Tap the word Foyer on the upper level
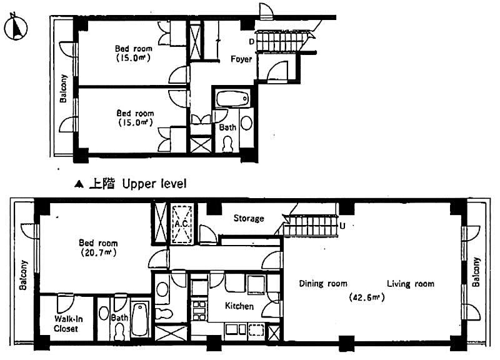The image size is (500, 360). point(241,59)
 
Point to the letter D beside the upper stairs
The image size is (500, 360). point(251,42)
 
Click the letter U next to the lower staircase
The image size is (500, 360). point(342,225)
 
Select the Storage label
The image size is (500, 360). point(249,219)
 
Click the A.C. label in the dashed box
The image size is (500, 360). point(182,223)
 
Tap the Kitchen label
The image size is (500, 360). point(239,306)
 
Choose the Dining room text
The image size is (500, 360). point(322,284)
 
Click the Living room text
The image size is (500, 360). point(410,284)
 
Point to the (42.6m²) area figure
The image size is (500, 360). point(366,297)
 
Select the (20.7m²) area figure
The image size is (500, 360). point(97,253)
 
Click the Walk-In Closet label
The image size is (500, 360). point(66,324)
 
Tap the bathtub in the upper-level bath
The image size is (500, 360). point(232,99)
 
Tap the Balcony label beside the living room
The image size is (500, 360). point(477,272)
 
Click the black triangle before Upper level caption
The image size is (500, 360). point(79,184)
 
